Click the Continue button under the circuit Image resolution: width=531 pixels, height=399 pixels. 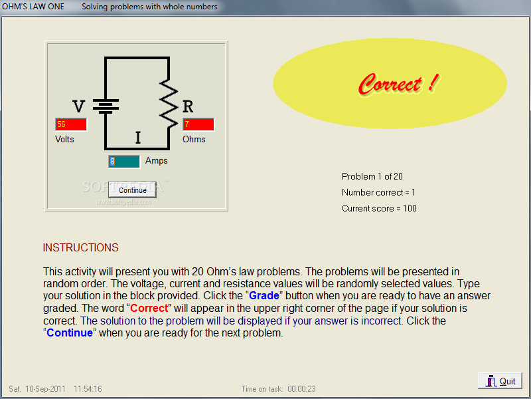tap(132, 190)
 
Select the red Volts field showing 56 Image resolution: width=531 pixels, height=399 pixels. tap(71, 124)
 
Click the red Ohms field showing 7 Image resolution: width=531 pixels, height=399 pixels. tap(198, 124)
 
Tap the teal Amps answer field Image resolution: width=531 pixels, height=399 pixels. tap(124, 162)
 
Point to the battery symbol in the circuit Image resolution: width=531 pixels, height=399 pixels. tap(106, 106)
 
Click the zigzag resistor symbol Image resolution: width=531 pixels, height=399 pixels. tap(169, 103)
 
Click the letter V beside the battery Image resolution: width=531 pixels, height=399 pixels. tap(78, 106)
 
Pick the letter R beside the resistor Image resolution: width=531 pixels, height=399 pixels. tap(188, 106)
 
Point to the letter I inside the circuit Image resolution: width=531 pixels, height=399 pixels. tap(138, 138)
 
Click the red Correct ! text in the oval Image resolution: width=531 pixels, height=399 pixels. tap(399, 84)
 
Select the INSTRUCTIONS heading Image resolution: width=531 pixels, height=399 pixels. tap(80, 247)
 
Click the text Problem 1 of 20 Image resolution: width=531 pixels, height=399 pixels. tap(372, 176)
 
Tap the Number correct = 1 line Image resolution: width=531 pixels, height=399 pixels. tap(378, 192)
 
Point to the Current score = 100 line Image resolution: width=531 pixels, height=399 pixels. tap(379, 208)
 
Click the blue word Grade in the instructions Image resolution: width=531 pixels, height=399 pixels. tap(264, 295)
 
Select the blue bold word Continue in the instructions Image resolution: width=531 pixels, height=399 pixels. tap(70, 333)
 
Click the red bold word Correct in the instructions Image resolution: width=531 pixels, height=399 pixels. tap(149, 308)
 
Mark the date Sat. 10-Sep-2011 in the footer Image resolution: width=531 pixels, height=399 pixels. tap(37, 389)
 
